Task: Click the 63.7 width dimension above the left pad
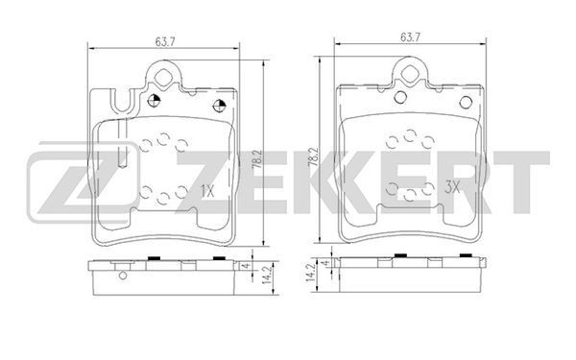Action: pyautogui.click(x=164, y=42)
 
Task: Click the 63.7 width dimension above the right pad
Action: pyautogui.click(x=410, y=37)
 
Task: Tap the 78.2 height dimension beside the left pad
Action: pyautogui.click(x=256, y=159)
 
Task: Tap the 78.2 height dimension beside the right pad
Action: pyautogui.click(x=313, y=157)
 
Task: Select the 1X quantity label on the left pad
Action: pyautogui.click(x=207, y=191)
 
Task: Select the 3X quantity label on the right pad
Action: pyautogui.click(x=452, y=188)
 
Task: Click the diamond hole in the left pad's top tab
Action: pyautogui.click(x=162, y=77)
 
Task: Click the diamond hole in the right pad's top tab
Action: pyautogui.click(x=409, y=73)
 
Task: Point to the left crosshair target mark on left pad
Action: pyautogui.click(x=154, y=101)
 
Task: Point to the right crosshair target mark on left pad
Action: pyautogui.click(x=219, y=106)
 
